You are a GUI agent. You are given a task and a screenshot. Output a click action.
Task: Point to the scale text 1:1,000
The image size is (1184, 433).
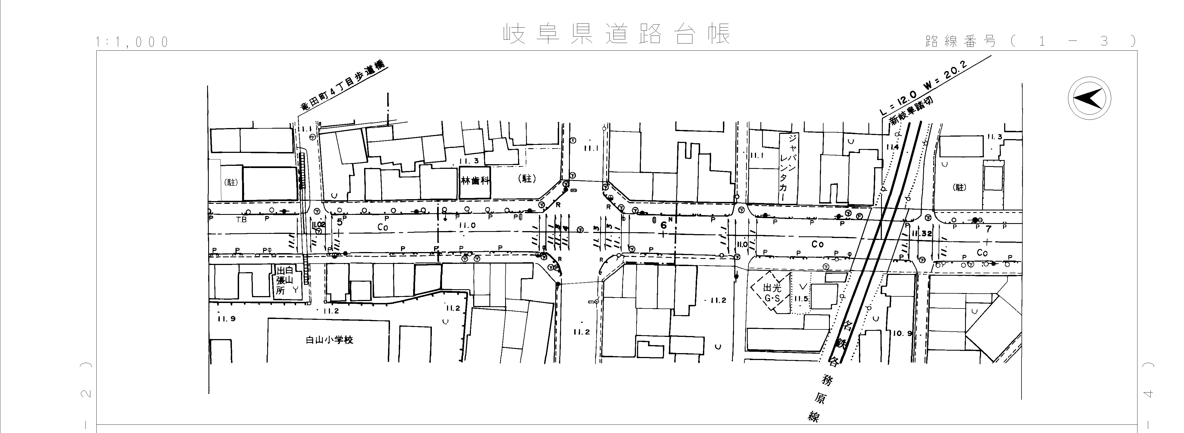(132, 42)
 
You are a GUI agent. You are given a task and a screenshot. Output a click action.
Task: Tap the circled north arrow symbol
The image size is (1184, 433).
(1089, 99)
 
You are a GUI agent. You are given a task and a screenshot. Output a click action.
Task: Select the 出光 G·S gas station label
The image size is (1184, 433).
(772, 293)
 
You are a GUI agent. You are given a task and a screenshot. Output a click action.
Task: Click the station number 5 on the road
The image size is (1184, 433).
(340, 222)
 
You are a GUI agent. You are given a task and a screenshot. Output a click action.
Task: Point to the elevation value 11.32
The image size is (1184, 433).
(922, 234)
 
